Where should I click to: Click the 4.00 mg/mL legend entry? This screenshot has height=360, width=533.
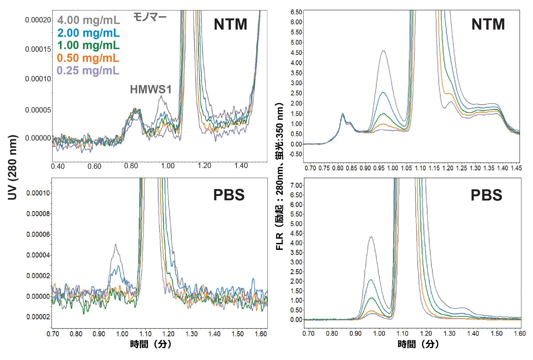click(88, 20)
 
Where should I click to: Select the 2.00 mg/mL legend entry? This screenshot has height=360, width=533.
click(88, 33)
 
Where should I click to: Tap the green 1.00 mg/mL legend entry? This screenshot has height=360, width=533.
click(88, 45)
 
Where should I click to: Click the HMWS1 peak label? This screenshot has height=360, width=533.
click(151, 90)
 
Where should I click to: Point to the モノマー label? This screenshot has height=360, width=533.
click(150, 17)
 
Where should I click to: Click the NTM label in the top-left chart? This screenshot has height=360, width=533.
click(230, 25)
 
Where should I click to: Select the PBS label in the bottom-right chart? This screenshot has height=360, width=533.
click(486, 195)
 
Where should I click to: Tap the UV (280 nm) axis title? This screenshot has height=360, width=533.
click(13, 167)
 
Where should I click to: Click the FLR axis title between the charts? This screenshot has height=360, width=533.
click(279, 176)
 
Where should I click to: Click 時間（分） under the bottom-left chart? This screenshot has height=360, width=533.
click(151, 344)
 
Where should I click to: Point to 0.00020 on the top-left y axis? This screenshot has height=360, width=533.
click(38, 20)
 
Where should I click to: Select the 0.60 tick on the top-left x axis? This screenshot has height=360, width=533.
click(94, 166)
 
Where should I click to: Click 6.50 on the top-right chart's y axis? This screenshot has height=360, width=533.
click(296, 12)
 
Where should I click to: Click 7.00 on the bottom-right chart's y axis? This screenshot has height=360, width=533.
click(296, 185)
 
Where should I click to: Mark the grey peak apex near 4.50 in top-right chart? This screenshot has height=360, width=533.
click(384, 51)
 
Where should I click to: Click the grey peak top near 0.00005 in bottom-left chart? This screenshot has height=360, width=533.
click(115, 245)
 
